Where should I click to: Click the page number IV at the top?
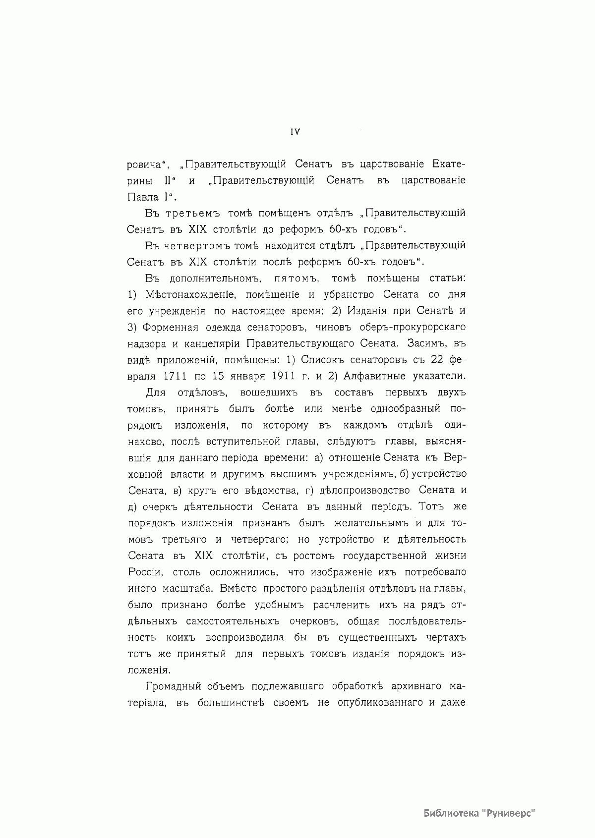coord(295,132)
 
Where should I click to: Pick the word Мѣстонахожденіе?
coord(190,295)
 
